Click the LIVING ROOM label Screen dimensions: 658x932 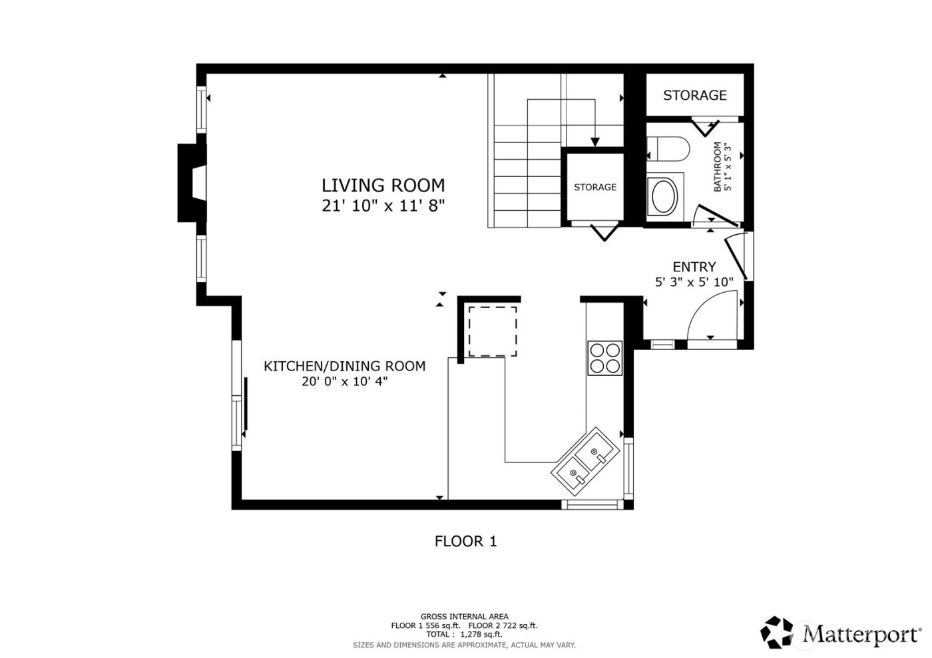point(383,185)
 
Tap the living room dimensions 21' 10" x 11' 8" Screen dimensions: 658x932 point(383,206)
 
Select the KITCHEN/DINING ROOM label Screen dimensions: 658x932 point(344,366)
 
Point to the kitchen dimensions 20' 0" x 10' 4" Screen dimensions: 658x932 point(344,381)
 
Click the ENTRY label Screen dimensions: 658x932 point(694,267)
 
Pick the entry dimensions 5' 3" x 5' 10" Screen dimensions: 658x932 point(694,282)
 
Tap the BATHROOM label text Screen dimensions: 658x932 point(718,167)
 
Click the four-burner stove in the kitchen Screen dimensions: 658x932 point(604,358)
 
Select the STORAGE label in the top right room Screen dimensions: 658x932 point(694,95)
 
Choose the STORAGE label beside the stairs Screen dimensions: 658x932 point(594,187)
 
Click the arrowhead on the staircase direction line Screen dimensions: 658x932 point(594,142)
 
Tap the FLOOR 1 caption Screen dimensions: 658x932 point(465,542)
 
